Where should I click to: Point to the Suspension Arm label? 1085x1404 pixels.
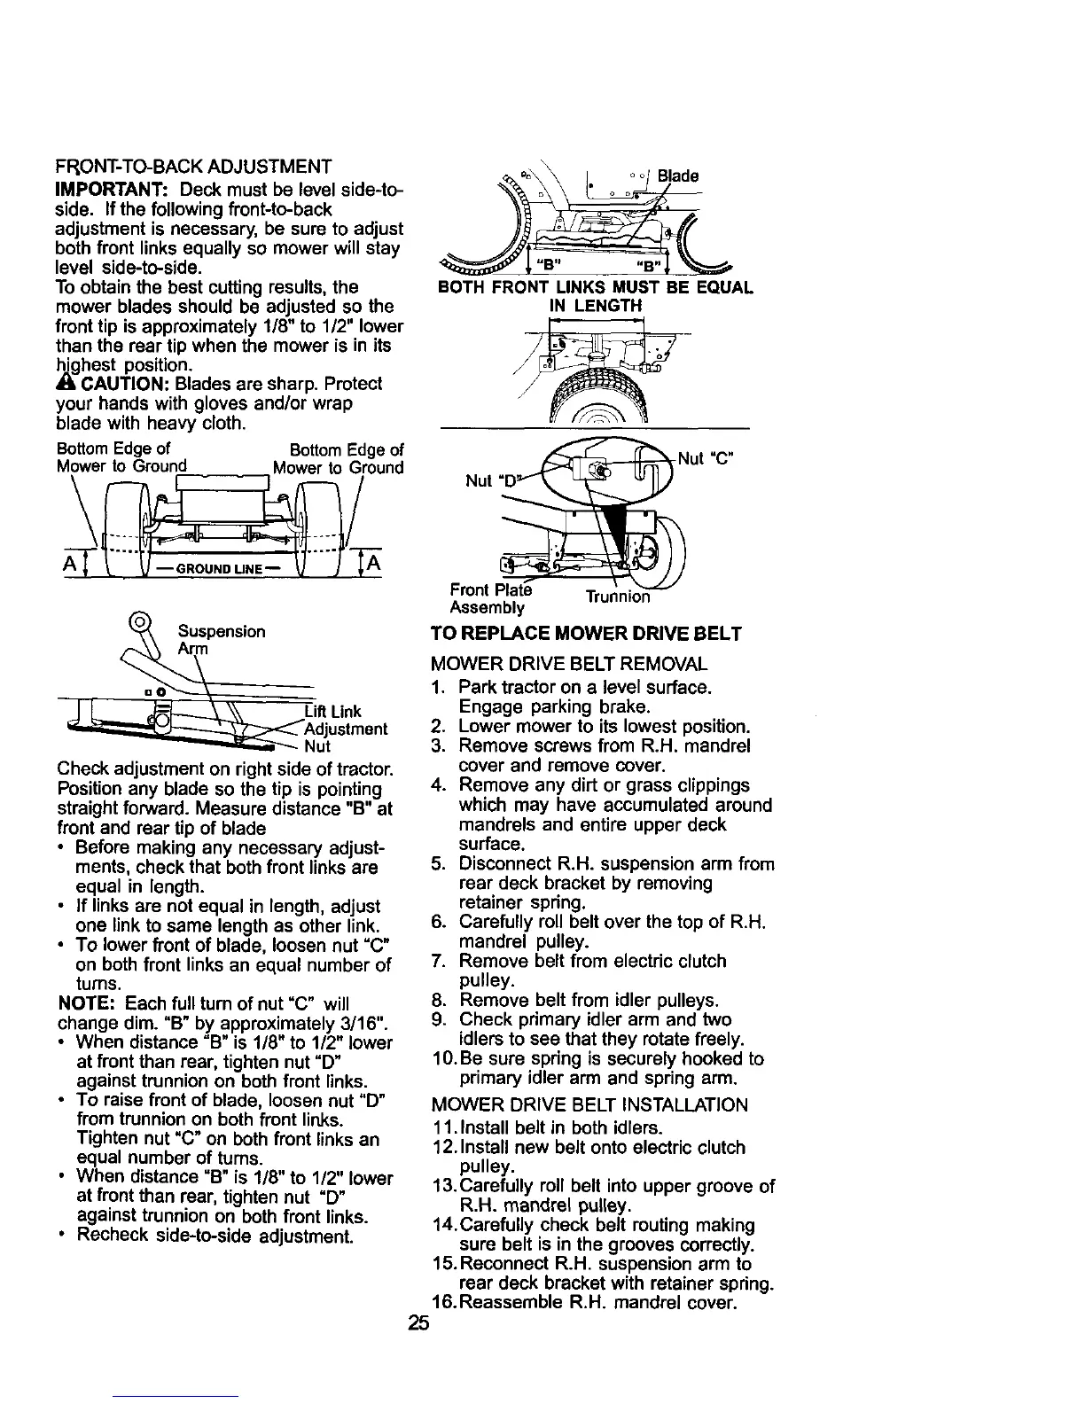coord(222,640)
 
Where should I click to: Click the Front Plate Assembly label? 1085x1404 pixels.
coord(488,598)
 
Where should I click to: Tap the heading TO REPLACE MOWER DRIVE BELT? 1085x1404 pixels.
coord(585,634)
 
